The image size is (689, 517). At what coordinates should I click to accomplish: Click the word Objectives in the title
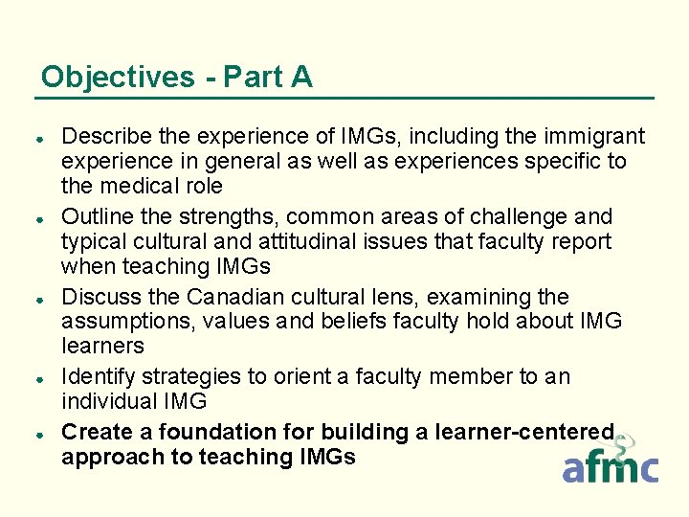117,77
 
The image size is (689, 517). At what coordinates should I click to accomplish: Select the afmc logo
610,463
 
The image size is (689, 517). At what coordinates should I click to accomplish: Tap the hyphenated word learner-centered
524,433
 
